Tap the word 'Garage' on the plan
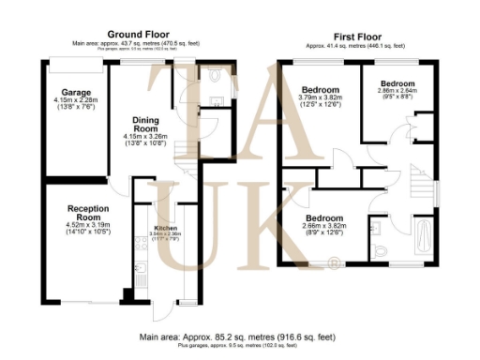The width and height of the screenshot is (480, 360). click(71, 93)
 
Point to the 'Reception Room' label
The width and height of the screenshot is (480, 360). click(89, 213)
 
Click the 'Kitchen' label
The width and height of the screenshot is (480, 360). click(166, 229)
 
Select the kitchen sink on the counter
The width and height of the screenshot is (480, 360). click(142, 245)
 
